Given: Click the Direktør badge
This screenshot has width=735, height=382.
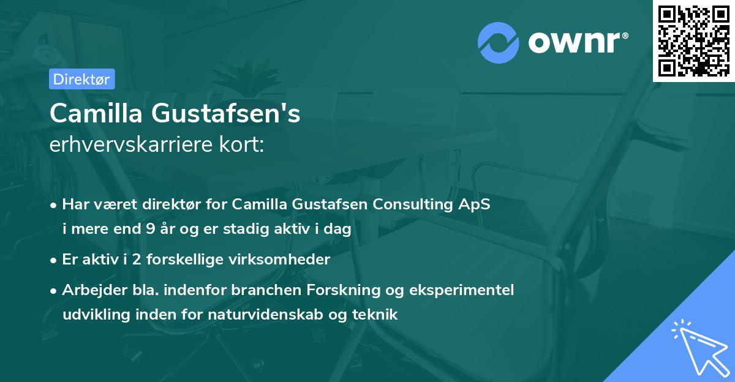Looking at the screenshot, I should click(x=81, y=79).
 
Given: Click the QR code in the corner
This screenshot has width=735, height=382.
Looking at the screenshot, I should click(x=693, y=40).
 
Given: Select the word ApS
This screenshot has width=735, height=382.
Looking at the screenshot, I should click(x=476, y=204).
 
